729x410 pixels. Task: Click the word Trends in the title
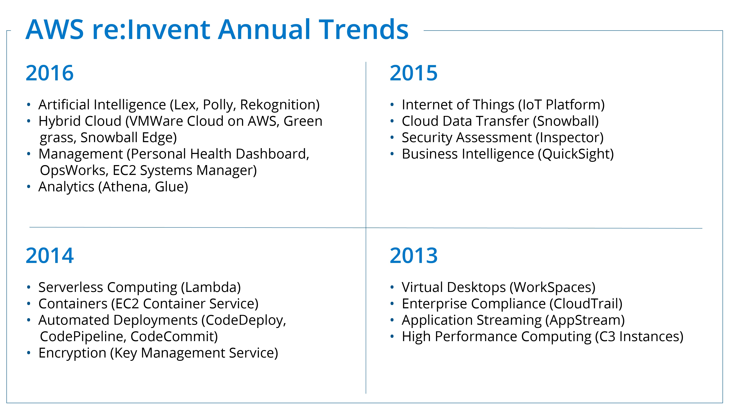point(364,29)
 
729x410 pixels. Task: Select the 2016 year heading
point(50,73)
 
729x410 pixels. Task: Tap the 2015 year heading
point(414,73)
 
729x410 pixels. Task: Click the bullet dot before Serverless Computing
point(29,288)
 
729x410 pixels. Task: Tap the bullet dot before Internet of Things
point(392,105)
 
